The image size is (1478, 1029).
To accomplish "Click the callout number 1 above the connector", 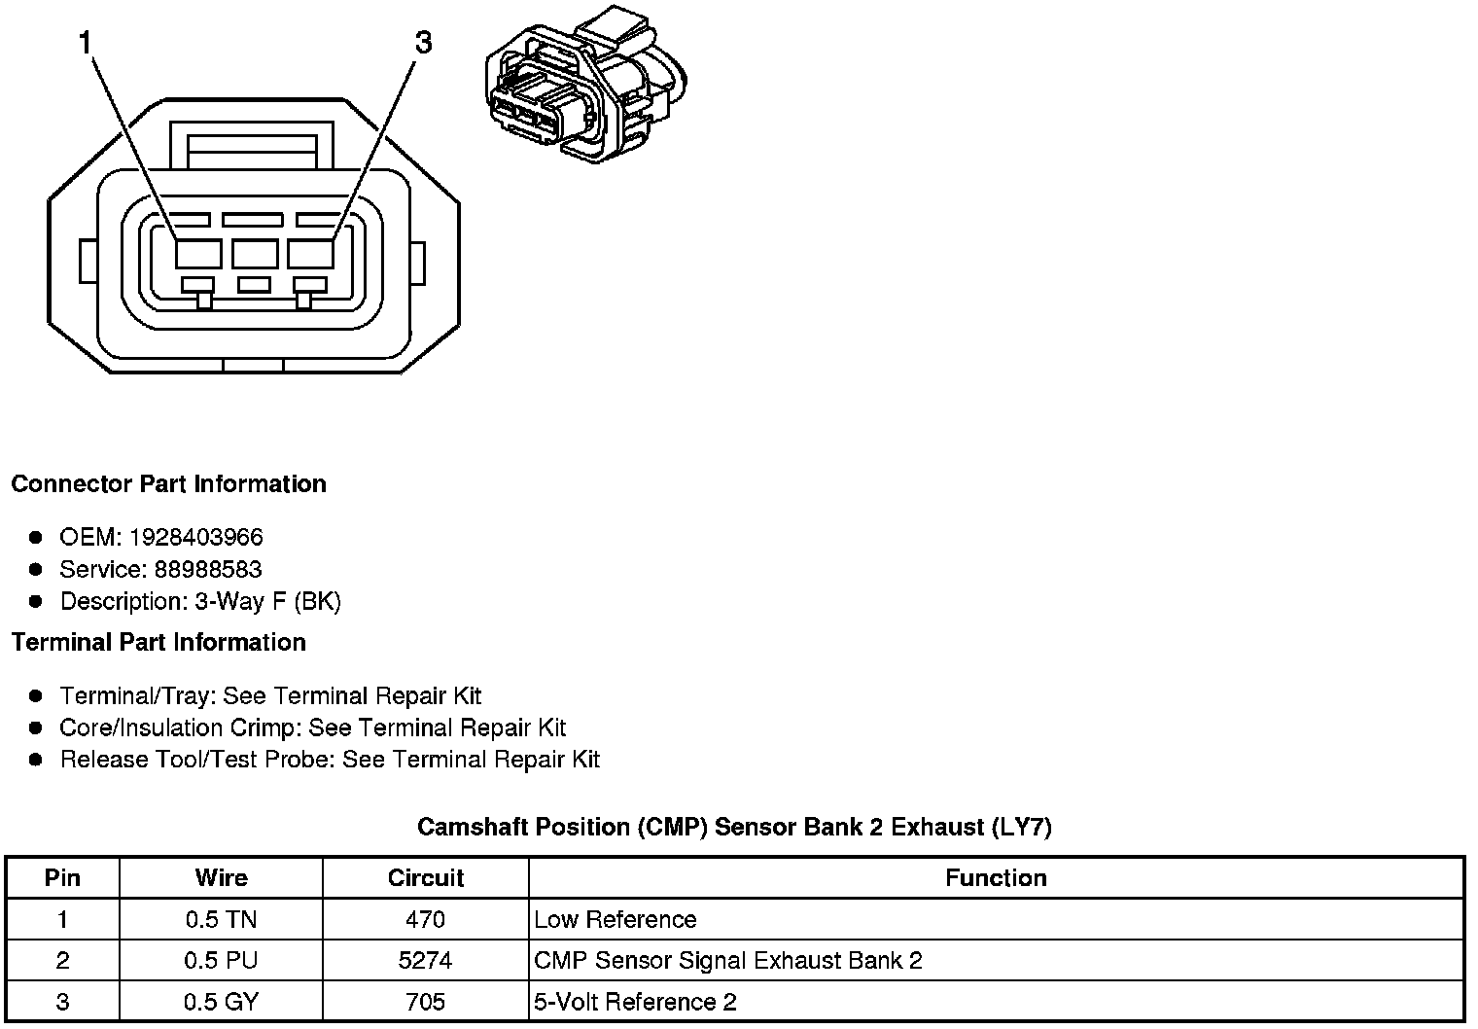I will pyautogui.click(x=86, y=43).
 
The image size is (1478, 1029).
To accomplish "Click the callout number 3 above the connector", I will pyautogui.click(x=423, y=43).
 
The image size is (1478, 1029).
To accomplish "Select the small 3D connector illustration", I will pyautogui.click(x=586, y=88).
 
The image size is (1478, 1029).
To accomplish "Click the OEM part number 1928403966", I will pyautogui.click(x=195, y=537).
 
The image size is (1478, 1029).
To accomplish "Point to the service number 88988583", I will pyautogui.click(x=207, y=569).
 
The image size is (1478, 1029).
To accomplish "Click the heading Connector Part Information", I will pyautogui.click(x=168, y=484).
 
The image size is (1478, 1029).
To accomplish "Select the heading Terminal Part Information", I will pyautogui.click(x=158, y=643).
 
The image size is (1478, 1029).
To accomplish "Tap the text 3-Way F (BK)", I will pyautogui.click(x=267, y=601).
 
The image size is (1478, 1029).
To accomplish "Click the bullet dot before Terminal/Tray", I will pyautogui.click(x=36, y=695).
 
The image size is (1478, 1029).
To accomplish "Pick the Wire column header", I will pyautogui.click(x=221, y=878).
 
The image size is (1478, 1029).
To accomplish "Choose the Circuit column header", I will pyautogui.click(x=425, y=878).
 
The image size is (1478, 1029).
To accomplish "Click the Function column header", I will pyautogui.click(x=996, y=878).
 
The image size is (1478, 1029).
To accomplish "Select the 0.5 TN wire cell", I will pyautogui.click(x=221, y=920).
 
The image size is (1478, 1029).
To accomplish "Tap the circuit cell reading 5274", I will pyautogui.click(x=425, y=961).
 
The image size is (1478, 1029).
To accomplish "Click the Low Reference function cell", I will pyautogui.click(x=615, y=920).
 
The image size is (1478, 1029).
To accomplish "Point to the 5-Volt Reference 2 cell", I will pyautogui.click(x=635, y=1002).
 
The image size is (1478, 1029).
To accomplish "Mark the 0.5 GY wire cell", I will pyautogui.click(x=221, y=1002).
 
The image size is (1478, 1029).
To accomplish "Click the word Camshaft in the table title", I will pyautogui.click(x=470, y=828).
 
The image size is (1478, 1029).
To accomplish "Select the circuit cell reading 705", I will pyautogui.click(x=425, y=1002).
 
